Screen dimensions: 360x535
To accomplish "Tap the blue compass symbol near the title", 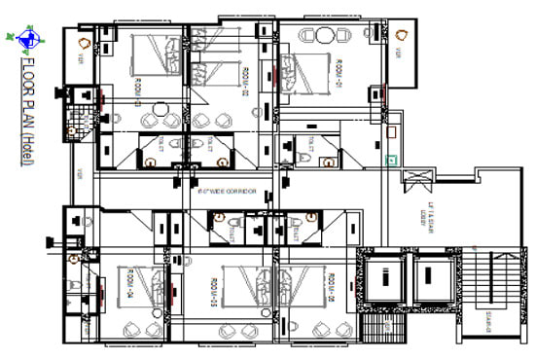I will point(26,39).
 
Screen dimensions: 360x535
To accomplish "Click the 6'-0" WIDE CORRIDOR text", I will point(227,193).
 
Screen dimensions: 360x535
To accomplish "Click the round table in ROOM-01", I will point(323,36).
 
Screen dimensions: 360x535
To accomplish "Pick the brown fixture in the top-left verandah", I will point(85,44).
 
